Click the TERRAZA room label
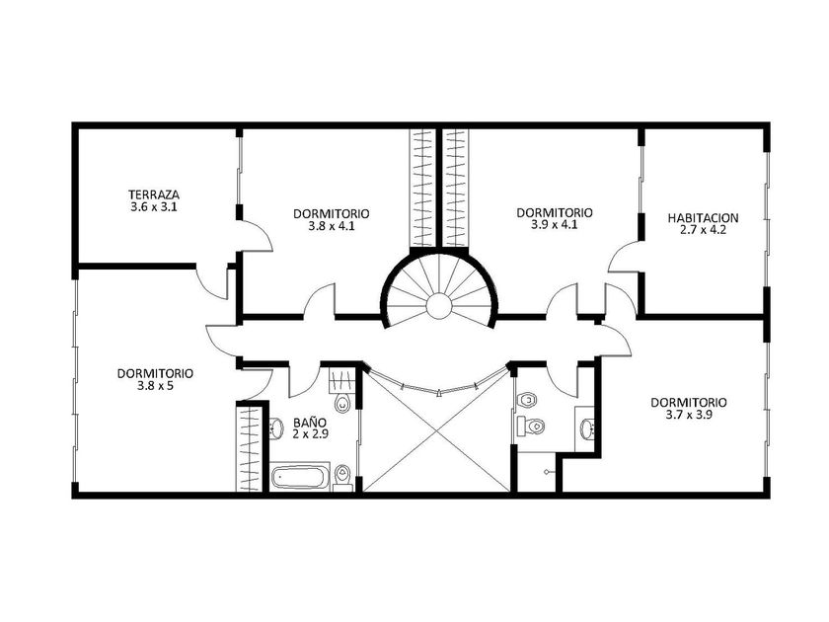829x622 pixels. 154,194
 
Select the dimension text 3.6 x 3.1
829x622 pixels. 154,206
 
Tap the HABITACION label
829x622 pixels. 703,218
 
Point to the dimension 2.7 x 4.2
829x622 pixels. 703,230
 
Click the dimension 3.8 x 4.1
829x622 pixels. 332,226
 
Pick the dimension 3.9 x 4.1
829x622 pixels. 554,225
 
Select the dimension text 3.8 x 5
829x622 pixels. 156,386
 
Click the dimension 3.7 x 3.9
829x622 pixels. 689,416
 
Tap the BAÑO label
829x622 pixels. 310,423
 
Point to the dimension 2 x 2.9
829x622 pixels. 310,434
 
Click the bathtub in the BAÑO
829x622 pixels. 300,477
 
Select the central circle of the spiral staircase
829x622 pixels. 439,307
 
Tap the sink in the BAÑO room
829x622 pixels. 276,428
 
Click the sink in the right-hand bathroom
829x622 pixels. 586,428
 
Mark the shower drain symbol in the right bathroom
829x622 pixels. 546,471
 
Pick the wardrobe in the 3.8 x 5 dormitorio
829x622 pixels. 249,448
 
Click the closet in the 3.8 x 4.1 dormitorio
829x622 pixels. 423,188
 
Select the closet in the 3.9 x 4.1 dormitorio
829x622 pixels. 455,188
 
